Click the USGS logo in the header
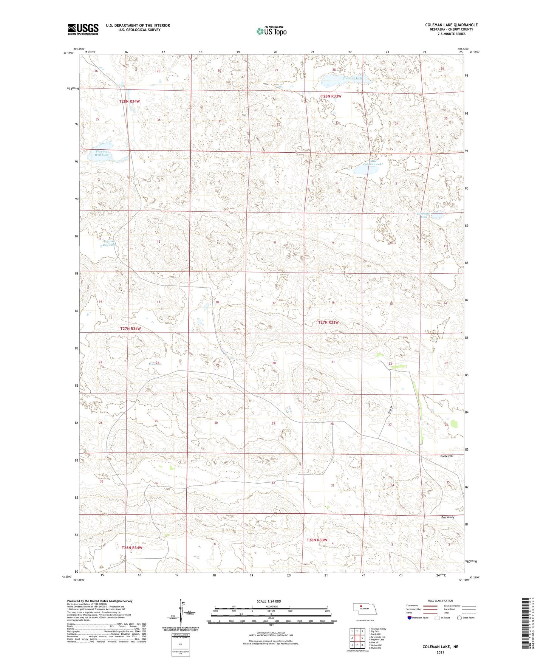[x=83, y=29]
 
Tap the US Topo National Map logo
[x=271, y=31]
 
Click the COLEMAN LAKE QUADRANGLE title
[x=451, y=25]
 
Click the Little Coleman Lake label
[x=373, y=163]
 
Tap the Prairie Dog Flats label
[x=110, y=243]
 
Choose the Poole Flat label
[x=447, y=456]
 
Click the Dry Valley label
[x=447, y=517]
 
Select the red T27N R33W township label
[x=328, y=322]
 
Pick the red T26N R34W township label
[x=132, y=548]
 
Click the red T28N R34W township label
[x=129, y=101]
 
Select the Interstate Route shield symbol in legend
[x=410, y=618]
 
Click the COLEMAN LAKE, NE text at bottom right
[x=440, y=647]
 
